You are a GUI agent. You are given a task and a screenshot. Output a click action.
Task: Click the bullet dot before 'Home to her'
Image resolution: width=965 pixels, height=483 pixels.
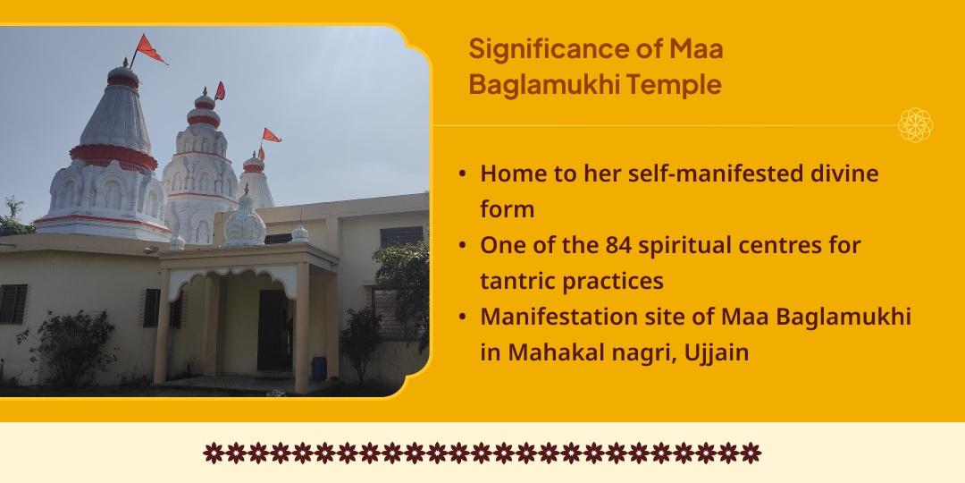point(461,174)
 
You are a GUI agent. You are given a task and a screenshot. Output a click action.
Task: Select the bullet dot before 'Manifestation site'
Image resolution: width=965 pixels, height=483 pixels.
point(461,317)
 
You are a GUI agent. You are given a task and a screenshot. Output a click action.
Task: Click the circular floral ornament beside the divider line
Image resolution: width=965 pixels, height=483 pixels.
point(915,125)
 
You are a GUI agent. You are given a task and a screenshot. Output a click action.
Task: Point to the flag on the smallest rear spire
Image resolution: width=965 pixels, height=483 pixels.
point(270,136)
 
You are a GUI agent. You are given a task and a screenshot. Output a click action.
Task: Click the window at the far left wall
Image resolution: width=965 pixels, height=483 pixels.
point(12,304)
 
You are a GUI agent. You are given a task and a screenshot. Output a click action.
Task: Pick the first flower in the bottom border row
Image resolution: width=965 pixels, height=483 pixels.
point(213,453)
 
